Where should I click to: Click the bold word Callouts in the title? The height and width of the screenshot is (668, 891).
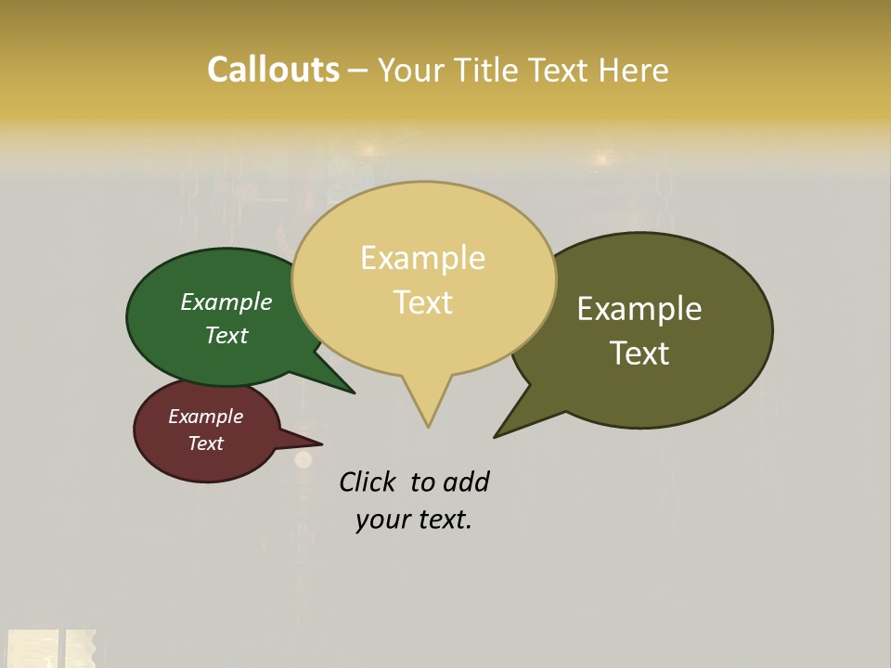tap(273, 70)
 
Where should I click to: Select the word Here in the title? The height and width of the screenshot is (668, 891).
tap(634, 70)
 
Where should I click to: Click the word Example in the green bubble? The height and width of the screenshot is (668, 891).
tap(226, 302)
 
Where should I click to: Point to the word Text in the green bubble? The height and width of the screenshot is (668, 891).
tap(226, 335)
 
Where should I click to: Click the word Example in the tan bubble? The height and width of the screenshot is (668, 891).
tap(422, 257)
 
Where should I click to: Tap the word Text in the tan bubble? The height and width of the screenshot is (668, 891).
tap(422, 302)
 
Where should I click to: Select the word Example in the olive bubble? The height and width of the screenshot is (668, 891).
tap(639, 308)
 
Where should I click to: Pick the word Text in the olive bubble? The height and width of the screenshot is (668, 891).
tap(639, 353)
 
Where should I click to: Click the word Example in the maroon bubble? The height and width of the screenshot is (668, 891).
tap(205, 417)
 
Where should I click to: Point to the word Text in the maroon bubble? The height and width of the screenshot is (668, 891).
tap(205, 443)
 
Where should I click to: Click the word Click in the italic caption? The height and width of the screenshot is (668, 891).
tap(368, 482)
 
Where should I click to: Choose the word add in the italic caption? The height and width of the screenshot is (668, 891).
tap(466, 482)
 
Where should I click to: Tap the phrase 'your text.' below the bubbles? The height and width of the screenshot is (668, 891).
tap(413, 520)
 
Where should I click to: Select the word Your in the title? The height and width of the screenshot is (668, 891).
tap(413, 70)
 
